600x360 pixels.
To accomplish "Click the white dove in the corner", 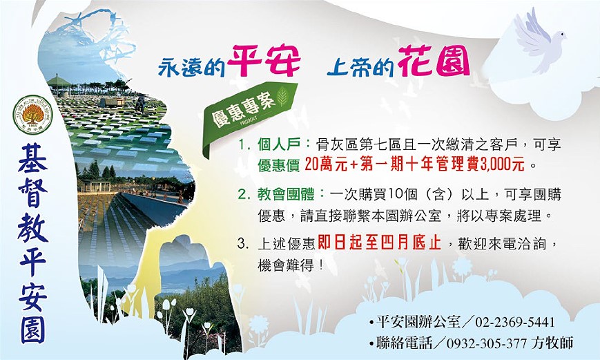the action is coord(539,42).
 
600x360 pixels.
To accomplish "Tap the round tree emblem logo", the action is coord(32,115).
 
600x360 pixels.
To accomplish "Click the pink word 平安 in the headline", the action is coord(264,61).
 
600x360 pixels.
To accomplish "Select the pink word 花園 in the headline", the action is coord(434,61).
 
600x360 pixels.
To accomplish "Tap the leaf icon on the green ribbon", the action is coord(283,97).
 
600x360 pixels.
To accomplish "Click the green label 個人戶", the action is coord(279,145).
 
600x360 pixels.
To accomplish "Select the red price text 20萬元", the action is coord(326,165).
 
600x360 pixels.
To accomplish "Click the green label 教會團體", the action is coord(286,195).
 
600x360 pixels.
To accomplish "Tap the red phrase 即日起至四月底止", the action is coord(379,243).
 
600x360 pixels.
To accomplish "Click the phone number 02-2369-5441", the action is coord(514,322).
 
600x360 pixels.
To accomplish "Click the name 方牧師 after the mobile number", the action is coord(552,342).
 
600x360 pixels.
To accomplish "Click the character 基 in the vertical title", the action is coord(33,158).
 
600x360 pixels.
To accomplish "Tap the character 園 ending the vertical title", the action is coord(33,329).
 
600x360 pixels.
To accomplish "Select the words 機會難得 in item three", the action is coord(286,265).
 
